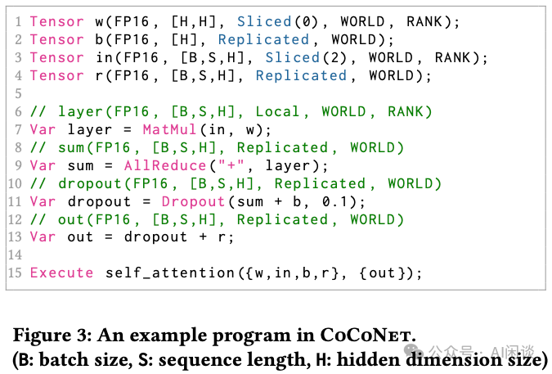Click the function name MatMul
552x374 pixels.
coord(168,129)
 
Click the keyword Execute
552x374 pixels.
coord(62,273)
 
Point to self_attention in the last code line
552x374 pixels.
coord(169,273)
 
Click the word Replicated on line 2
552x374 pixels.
coord(264,39)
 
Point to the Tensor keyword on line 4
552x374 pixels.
coord(56,75)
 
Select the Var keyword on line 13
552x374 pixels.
coord(43,237)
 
